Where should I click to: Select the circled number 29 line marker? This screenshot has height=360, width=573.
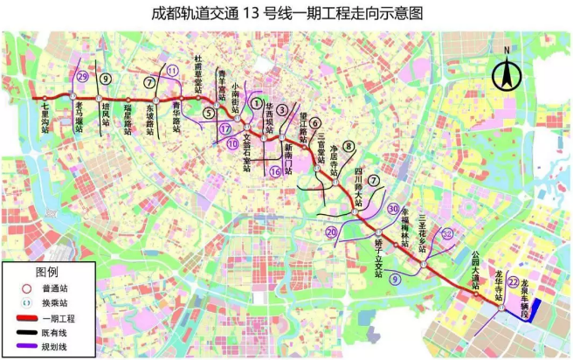click(83, 77)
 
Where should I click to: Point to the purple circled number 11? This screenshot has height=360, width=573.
click(173, 71)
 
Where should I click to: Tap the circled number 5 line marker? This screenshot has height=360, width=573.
click(209, 112)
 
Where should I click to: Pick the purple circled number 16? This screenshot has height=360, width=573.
click(275, 171)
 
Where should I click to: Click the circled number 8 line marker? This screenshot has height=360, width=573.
click(348, 146)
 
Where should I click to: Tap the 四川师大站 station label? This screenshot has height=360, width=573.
click(357, 186)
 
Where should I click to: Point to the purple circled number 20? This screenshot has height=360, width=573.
click(331, 232)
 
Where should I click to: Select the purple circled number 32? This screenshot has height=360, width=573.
click(447, 233)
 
